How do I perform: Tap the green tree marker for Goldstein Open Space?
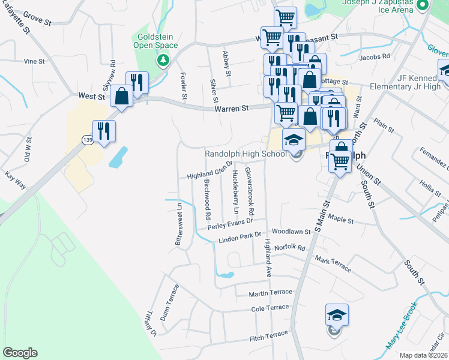(x=162, y=60)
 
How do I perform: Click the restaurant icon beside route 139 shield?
(x=104, y=131)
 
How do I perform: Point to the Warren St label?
(x=232, y=109)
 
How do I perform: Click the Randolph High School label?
(x=246, y=154)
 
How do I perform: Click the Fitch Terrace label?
(x=269, y=337)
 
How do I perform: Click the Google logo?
(x=20, y=353)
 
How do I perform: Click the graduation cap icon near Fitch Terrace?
(x=337, y=315)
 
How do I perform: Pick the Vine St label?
(x=34, y=61)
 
